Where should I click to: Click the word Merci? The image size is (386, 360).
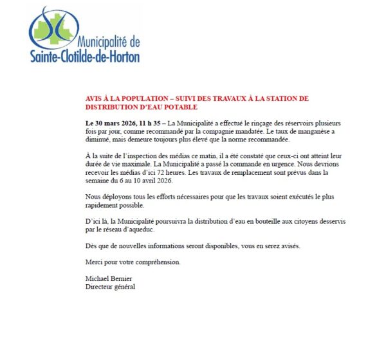(95, 262)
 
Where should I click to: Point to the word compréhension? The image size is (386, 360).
(152, 262)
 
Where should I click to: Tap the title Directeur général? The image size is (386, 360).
(110, 286)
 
